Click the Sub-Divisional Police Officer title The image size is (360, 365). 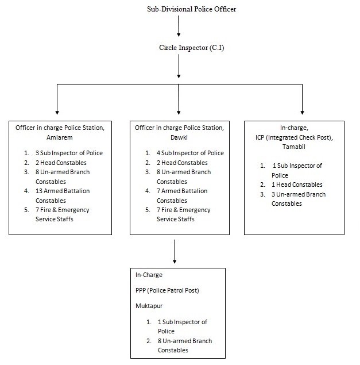tap(191, 9)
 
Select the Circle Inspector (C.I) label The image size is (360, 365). tap(192, 48)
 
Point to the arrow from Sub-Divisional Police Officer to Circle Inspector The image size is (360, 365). tap(179, 26)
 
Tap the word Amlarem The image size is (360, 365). tap(60, 137)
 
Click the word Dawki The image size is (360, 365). tap(179, 137)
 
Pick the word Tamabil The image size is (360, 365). tap(294, 147)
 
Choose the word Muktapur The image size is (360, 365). tap(149, 306)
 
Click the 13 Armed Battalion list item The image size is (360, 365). tap(63, 195)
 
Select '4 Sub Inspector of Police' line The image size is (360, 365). tap(190, 153)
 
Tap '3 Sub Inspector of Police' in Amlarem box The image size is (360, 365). tap(69, 153)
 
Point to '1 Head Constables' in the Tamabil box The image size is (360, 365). tap(297, 185)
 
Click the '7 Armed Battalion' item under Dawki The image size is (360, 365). tap(182, 195)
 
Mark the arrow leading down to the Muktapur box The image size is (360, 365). tap(175, 251)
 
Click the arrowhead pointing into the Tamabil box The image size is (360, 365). tap(303, 113)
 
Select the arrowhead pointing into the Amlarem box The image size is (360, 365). tap(57, 113)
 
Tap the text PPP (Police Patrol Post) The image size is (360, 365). tap(167, 290)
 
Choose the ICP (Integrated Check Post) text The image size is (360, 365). tap(294, 137)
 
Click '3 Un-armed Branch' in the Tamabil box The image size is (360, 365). tap(299, 194)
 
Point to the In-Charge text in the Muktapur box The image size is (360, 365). tap(149, 275)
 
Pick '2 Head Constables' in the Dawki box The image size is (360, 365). tap(182, 163)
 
